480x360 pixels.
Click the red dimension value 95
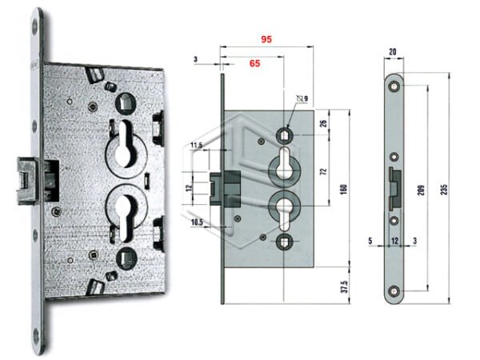(266, 39)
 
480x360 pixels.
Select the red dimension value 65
(254, 63)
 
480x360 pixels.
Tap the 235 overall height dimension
(444, 190)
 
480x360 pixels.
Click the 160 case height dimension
(344, 190)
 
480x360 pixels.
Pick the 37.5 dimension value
(344, 286)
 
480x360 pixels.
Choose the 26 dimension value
(323, 124)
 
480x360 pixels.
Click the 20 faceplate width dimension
(392, 52)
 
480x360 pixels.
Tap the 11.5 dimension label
(196, 145)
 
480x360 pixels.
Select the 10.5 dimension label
(197, 222)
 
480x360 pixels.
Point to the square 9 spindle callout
(302, 98)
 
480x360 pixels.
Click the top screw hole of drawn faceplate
(394, 87)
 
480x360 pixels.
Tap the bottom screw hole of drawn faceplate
(394, 290)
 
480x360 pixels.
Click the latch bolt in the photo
(27, 181)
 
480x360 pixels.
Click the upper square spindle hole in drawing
(284, 134)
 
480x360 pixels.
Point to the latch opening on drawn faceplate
(395, 189)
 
